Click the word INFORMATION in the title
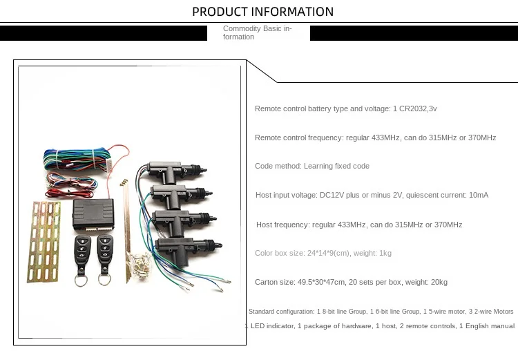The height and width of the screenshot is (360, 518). (x=292, y=12)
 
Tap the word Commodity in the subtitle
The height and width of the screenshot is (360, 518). (x=242, y=29)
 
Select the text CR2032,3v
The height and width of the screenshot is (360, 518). (x=418, y=108)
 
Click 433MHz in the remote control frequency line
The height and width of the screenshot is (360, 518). (x=385, y=138)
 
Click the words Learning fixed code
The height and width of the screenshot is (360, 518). (x=336, y=166)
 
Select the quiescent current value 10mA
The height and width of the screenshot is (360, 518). (x=479, y=195)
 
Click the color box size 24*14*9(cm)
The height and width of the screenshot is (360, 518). (x=328, y=253)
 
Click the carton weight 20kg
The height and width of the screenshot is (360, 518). (x=439, y=283)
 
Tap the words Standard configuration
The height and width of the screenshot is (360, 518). (x=281, y=312)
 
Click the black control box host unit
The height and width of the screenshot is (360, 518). (x=93, y=214)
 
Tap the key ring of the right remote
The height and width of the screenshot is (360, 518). (x=104, y=280)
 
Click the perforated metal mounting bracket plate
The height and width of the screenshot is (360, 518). (x=44, y=242)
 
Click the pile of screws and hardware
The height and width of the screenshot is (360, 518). (x=140, y=264)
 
